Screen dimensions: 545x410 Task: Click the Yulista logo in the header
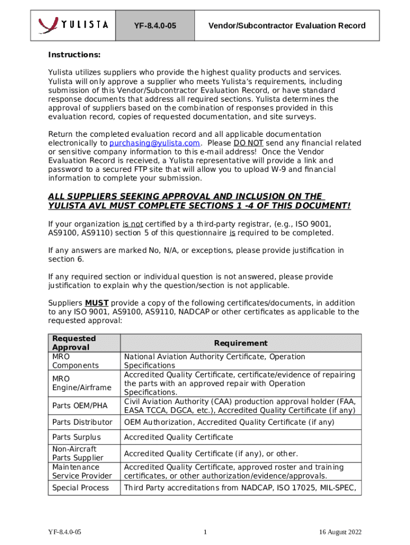coord(73,25)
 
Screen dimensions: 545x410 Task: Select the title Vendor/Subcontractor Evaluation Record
coord(286,26)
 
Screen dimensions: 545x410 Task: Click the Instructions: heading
coord(75,55)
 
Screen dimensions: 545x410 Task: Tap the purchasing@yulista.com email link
coord(154,143)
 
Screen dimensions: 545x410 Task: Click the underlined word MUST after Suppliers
coord(97,303)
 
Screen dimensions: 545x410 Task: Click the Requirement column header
coord(241,343)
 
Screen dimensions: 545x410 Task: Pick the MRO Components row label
coord(75,361)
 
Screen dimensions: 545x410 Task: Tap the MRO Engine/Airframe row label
coord(81,383)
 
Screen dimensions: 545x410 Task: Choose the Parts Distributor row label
coord(82,422)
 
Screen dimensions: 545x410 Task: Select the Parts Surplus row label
coord(76,437)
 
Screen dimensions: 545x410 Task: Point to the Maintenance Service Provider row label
coord(81,472)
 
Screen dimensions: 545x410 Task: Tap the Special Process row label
coord(80,488)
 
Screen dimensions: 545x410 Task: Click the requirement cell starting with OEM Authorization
coord(229,422)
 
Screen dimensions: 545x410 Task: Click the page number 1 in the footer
coord(205,532)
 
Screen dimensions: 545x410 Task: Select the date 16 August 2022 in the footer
coord(340,532)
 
